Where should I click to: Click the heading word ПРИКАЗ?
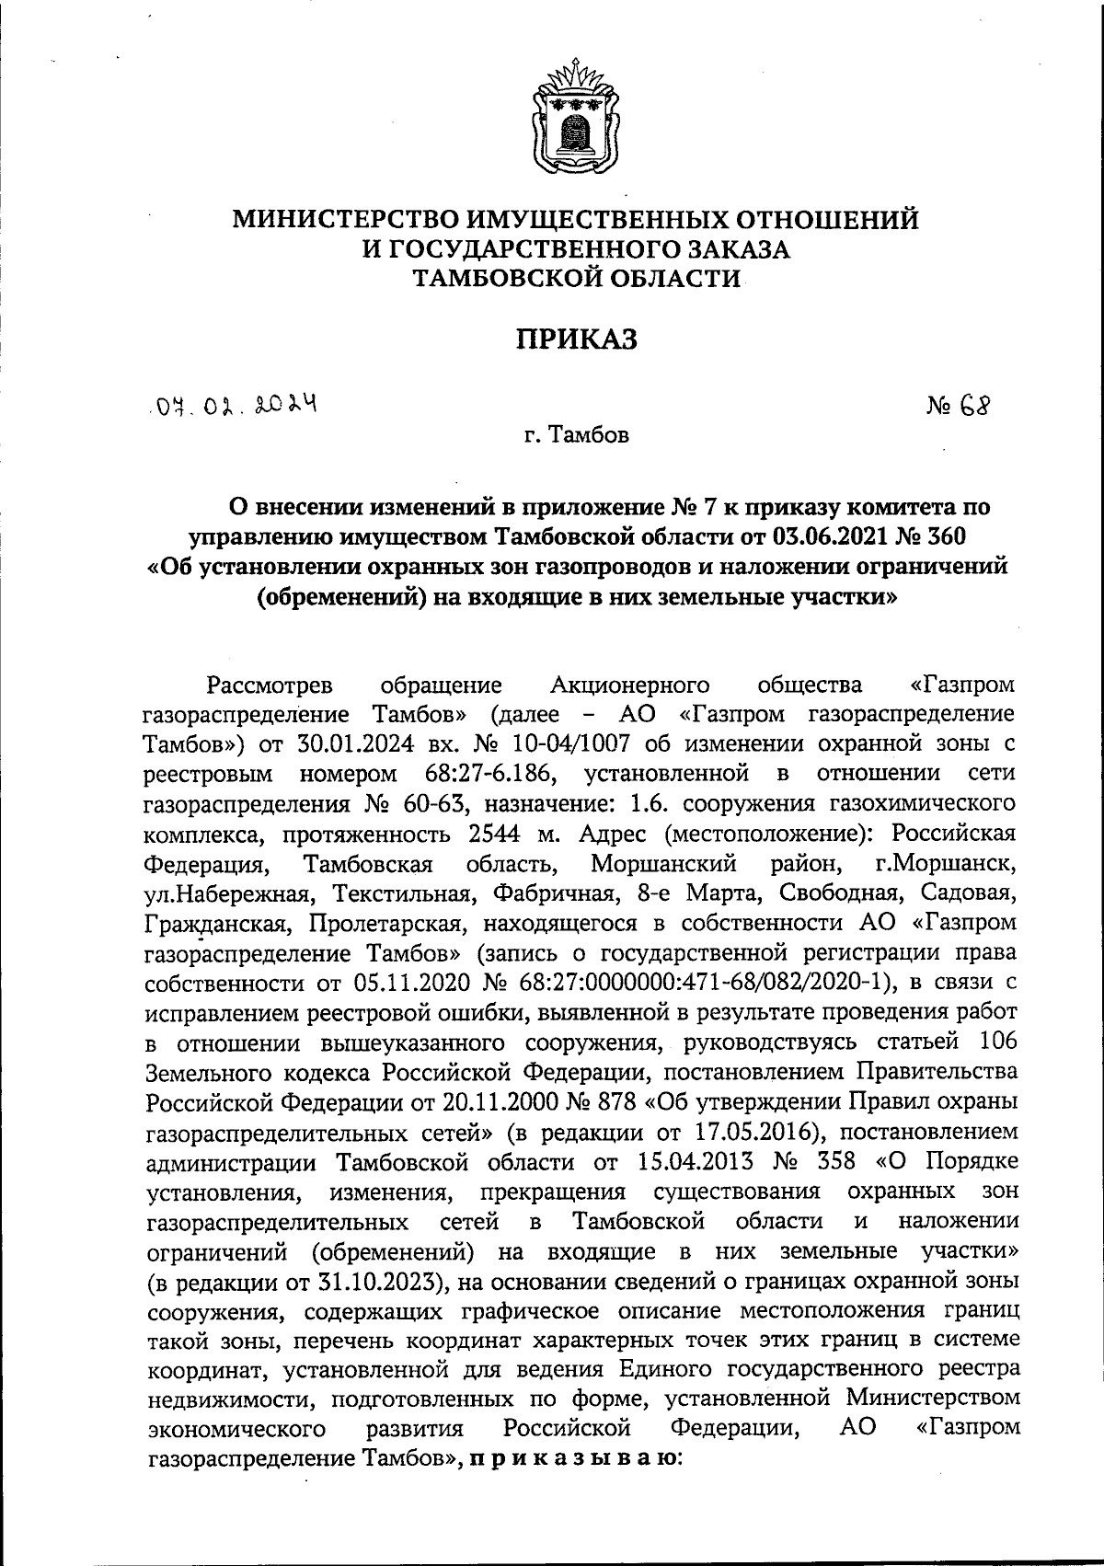tap(576, 340)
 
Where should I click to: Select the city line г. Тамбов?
tap(576, 435)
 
